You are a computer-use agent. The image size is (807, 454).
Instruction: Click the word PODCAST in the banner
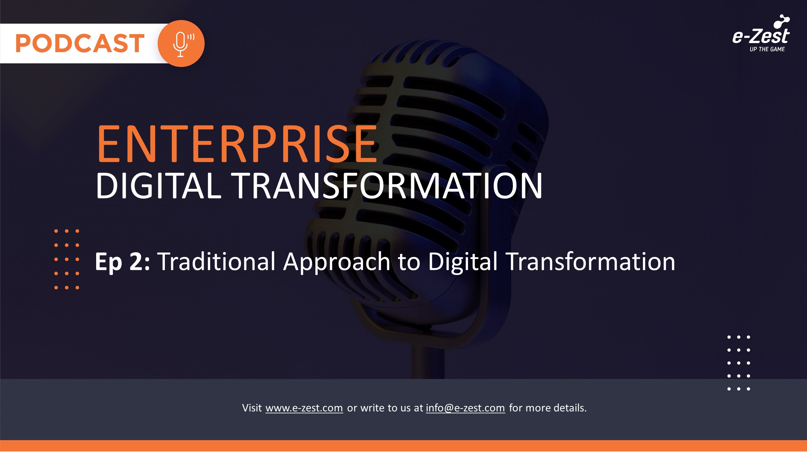click(x=80, y=43)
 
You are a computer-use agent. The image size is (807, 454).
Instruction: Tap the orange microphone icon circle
click(x=181, y=44)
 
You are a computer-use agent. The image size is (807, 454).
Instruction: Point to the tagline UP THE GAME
click(x=767, y=49)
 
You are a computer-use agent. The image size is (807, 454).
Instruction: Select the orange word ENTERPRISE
click(x=237, y=144)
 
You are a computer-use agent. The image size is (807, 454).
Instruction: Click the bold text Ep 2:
click(x=122, y=262)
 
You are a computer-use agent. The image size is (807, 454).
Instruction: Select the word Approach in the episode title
click(x=337, y=262)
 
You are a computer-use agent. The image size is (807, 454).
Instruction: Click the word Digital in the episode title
click(x=463, y=262)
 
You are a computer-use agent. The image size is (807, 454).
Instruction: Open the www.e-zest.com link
click(x=304, y=408)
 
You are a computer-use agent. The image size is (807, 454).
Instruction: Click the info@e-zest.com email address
click(x=465, y=408)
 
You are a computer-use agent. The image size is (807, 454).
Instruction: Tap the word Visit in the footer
click(x=252, y=408)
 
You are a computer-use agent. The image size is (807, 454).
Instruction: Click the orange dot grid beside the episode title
click(x=67, y=259)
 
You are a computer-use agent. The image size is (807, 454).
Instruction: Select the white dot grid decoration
click(x=739, y=363)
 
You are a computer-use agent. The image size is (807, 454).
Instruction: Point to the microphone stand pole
click(x=428, y=363)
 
